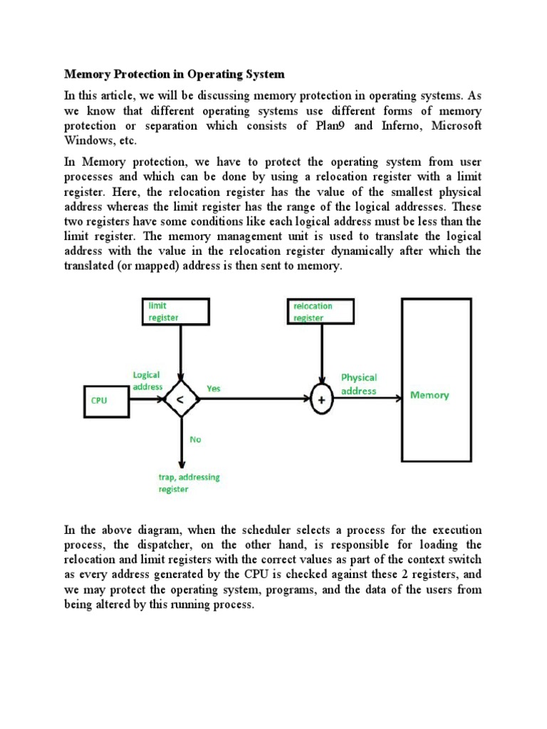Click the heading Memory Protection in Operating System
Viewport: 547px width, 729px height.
click(x=174, y=74)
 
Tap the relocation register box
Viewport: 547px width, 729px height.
click(x=323, y=311)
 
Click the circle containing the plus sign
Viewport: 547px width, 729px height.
click(x=323, y=400)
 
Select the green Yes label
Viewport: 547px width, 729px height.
click(x=214, y=389)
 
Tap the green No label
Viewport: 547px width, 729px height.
click(x=195, y=439)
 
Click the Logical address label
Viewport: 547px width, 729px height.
click(x=147, y=380)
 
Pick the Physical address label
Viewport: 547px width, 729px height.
click(x=359, y=384)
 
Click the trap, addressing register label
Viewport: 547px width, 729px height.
click(x=188, y=483)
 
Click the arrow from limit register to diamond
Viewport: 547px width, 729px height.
click(x=182, y=352)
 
